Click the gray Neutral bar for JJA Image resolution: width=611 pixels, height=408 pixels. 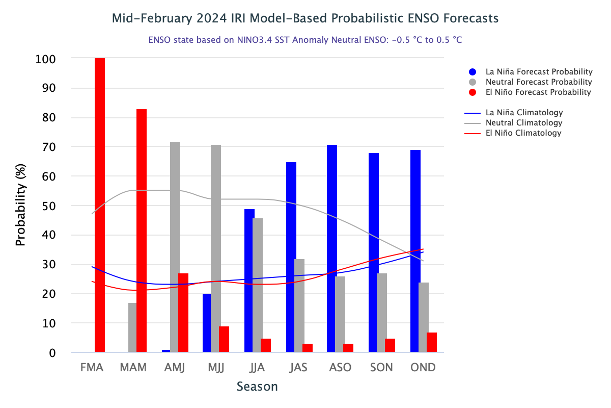coord(258,285)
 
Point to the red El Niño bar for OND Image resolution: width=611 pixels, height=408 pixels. coord(432,342)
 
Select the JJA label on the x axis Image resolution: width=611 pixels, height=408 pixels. coord(258,367)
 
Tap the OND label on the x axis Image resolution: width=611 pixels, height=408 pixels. coord(424,367)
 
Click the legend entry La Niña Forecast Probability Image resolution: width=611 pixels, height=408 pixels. coord(539,72)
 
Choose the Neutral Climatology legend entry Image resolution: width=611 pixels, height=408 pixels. coord(524,123)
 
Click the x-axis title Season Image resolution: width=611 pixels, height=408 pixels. coord(257,387)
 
